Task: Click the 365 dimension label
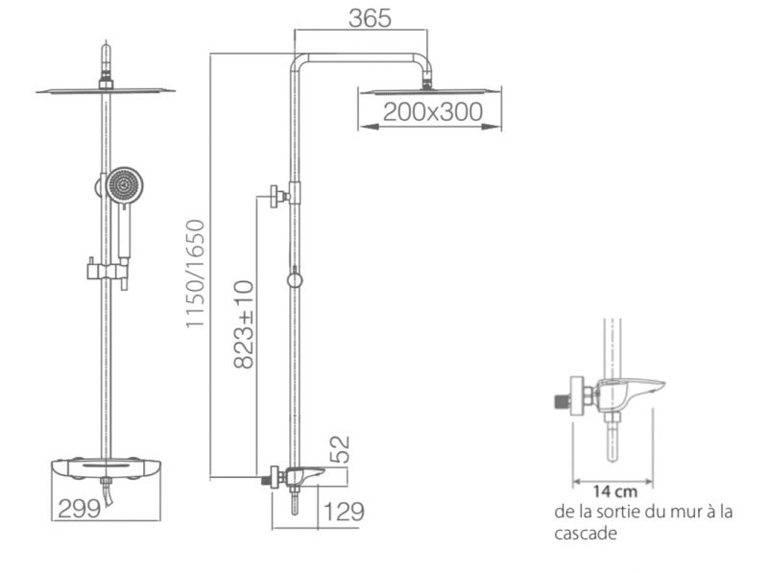point(370,18)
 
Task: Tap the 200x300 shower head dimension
point(433,111)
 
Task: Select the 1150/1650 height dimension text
point(195,274)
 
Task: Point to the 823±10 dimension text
point(244,323)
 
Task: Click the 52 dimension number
point(340,449)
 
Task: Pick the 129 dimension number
point(344,512)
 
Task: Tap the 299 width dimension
point(79,509)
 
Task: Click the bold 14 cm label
point(615,490)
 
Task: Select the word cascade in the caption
point(586,533)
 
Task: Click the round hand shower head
point(125,185)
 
